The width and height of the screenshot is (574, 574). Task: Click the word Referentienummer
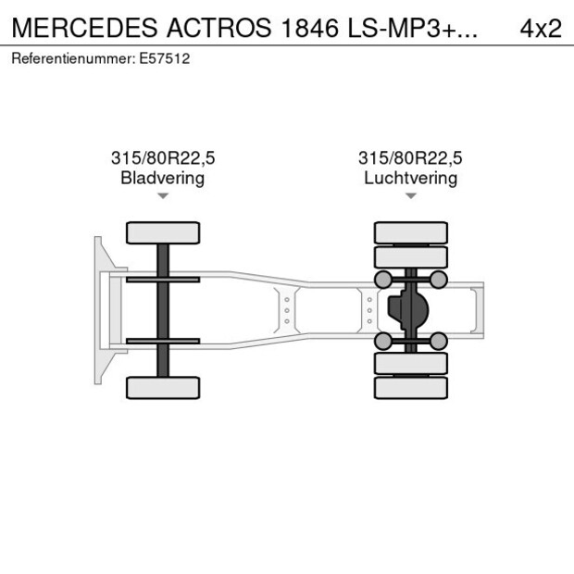click(x=73, y=58)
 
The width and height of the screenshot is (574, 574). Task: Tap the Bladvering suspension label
click(x=163, y=178)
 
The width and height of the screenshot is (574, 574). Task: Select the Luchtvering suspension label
click(x=411, y=178)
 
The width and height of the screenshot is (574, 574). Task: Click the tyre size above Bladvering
click(x=163, y=158)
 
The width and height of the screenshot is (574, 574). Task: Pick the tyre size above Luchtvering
click(x=411, y=158)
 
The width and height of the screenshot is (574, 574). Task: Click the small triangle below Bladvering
click(x=163, y=196)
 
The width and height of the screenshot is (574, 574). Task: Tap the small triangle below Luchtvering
click(x=411, y=196)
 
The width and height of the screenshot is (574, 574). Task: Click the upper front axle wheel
click(x=163, y=232)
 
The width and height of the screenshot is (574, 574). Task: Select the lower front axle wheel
click(x=163, y=387)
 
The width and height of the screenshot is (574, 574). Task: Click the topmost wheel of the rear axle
click(x=411, y=232)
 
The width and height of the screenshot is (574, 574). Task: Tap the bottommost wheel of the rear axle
click(x=411, y=387)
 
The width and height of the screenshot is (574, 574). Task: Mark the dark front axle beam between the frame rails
click(x=163, y=310)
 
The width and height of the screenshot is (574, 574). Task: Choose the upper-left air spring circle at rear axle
click(x=381, y=280)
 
